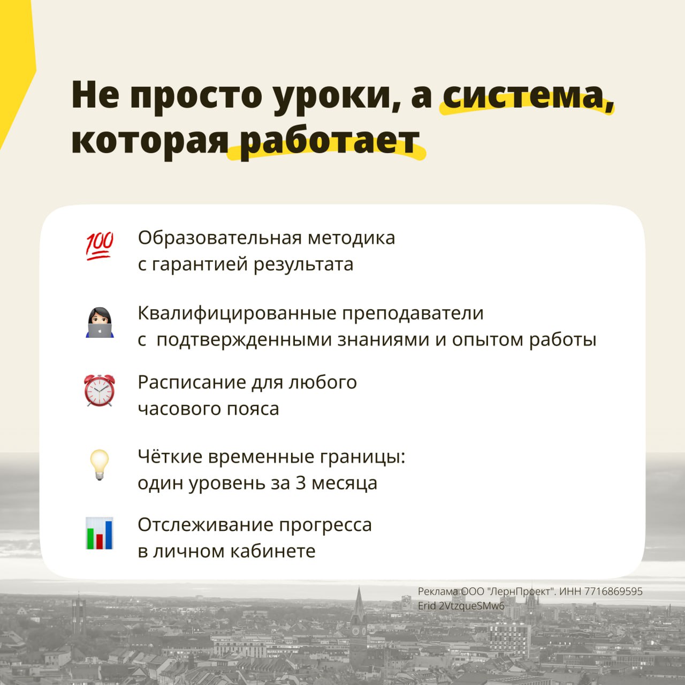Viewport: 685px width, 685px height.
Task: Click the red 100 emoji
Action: pyautogui.click(x=100, y=246)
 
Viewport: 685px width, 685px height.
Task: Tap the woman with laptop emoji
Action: pyautogui.click(x=100, y=322)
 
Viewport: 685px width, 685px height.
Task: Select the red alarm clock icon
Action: pyautogui.click(x=100, y=390)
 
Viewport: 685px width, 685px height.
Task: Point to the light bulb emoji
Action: pyautogui.click(x=100, y=465)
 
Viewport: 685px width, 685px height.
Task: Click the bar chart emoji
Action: pyautogui.click(x=100, y=533)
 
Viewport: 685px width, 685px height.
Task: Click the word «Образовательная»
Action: pyautogui.click(x=220, y=238)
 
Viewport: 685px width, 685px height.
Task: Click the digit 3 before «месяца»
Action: pyautogui.click(x=301, y=483)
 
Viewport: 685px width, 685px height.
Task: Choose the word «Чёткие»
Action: pyautogui.click(x=170, y=456)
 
